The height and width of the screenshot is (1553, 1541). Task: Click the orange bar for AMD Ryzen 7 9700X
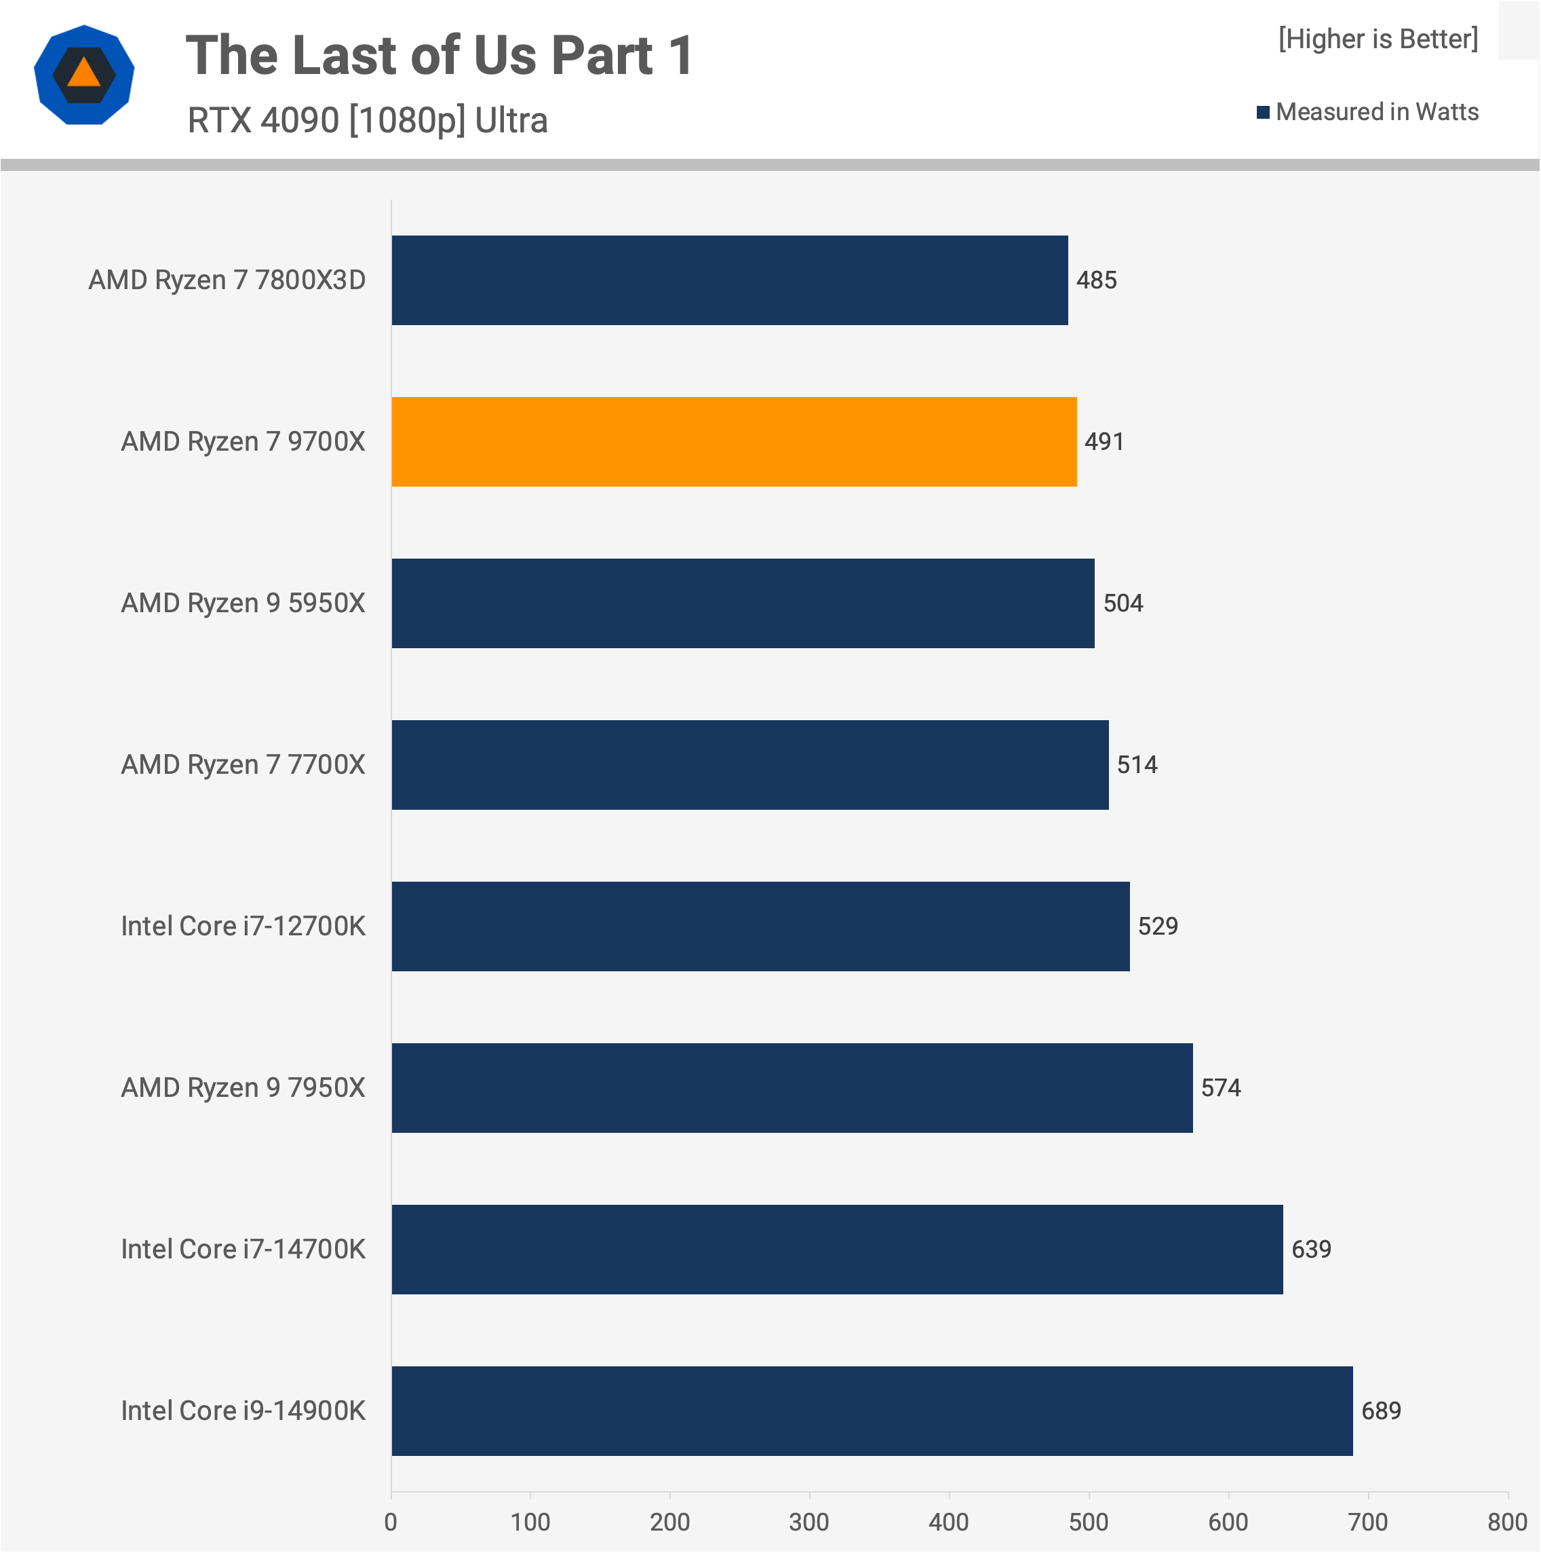click(734, 441)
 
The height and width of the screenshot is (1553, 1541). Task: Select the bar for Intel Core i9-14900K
click(872, 1410)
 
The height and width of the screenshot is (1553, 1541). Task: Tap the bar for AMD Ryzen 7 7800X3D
click(730, 280)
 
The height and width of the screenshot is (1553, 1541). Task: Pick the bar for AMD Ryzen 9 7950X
click(792, 1087)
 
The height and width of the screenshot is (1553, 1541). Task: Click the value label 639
click(1311, 1249)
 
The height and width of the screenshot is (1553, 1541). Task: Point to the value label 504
click(1123, 603)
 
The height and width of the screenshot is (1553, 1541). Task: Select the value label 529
click(1158, 926)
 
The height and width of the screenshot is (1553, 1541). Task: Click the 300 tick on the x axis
click(809, 1522)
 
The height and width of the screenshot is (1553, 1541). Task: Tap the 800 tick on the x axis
click(1506, 1522)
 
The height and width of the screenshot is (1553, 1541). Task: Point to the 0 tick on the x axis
click(391, 1522)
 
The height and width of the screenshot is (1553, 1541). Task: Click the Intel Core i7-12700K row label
click(243, 926)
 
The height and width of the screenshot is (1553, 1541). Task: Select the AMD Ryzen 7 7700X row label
click(243, 764)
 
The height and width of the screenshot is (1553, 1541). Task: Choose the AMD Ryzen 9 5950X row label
click(243, 603)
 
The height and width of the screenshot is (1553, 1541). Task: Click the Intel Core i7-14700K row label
click(243, 1249)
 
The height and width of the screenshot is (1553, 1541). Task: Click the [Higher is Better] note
click(1378, 39)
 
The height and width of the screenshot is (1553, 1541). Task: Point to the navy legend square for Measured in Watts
click(1263, 112)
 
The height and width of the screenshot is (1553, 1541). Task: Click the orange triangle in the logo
click(83, 74)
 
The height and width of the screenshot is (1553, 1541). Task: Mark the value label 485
click(1096, 280)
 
